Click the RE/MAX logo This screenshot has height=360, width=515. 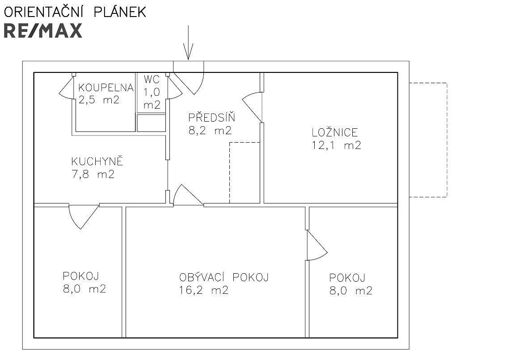point(43,31)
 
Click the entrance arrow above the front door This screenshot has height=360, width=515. point(188,42)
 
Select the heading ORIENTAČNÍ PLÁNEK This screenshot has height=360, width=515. point(75,12)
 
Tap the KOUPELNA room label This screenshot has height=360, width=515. point(106,88)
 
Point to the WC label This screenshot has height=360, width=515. point(152,79)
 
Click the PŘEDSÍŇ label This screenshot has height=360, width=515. point(211,117)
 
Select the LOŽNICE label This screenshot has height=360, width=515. point(335,132)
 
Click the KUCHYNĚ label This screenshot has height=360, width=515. point(97,161)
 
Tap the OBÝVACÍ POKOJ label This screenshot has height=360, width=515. point(224,277)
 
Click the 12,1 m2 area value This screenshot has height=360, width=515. point(336,145)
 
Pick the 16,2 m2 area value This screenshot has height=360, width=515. point(204,290)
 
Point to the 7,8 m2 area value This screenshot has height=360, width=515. point(93,174)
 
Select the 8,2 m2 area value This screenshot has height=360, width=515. point(210,131)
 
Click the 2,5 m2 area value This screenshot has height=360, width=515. point(99,100)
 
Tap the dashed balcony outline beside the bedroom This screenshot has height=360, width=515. point(447,140)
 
